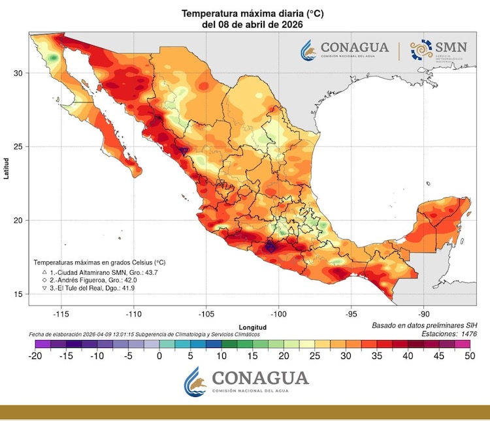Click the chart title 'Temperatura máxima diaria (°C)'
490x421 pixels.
pyautogui.click(x=243, y=13)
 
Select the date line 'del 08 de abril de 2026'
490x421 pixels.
pyautogui.click(x=243, y=23)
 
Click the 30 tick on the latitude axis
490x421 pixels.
pyautogui.click(x=20, y=73)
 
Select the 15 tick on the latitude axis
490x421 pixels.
pyautogui.click(x=20, y=294)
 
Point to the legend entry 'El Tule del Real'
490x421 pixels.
pyautogui.click(x=90, y=287)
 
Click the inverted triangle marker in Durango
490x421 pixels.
pyautogui.click(x=184, y=151)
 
